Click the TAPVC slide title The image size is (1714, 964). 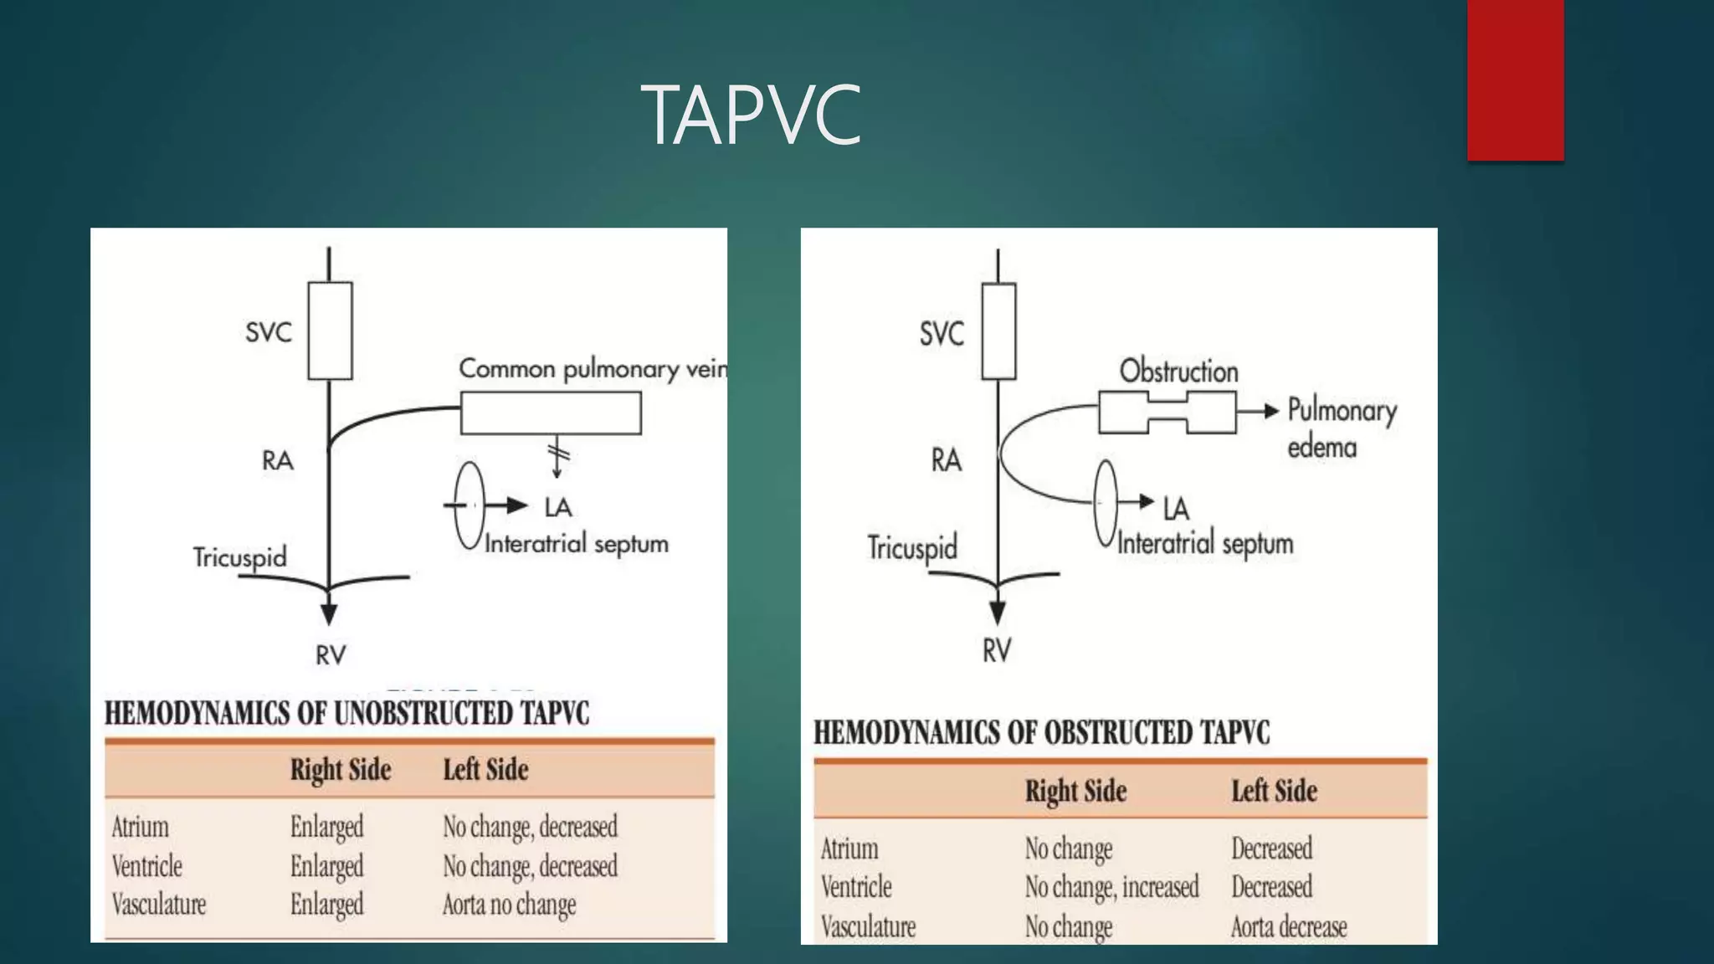point(751,115)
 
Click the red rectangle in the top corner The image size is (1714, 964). point(1515,79)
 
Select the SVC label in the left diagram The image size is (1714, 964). point(269,332)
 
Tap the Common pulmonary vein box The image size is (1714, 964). point(551,413)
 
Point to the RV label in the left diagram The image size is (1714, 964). point(331,655)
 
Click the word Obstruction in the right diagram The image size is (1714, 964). point(1178,371)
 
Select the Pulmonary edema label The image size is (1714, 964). point(1341,428)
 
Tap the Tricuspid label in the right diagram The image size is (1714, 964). point(912,548)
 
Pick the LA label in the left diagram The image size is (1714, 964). point(558,507)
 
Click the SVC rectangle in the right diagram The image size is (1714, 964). point(998,331)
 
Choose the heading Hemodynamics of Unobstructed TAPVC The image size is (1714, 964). point(346,713)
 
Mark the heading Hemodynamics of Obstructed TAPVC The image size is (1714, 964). point(1041,732)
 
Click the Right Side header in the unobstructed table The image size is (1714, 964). point(341,770)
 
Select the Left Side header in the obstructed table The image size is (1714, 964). point(1274,791)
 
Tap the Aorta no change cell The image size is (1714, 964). point(509,905)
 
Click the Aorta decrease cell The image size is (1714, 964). point(1289,926)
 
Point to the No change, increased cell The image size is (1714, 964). point(1111,887)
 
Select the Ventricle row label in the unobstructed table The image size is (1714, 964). point(147,866)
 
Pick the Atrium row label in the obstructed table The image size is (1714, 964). point(849,849)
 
